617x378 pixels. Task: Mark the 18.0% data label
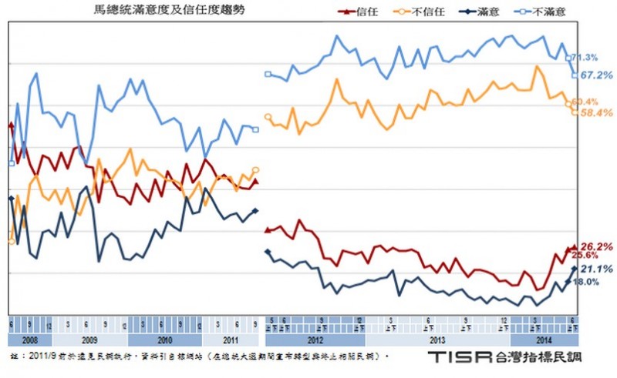pyautogui.click(x=587, y=282)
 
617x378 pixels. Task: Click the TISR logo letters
pyautogui.click(x=458, y=358)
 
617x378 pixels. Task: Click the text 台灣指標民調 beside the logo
pyautogui.click(x=541, y=358)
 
